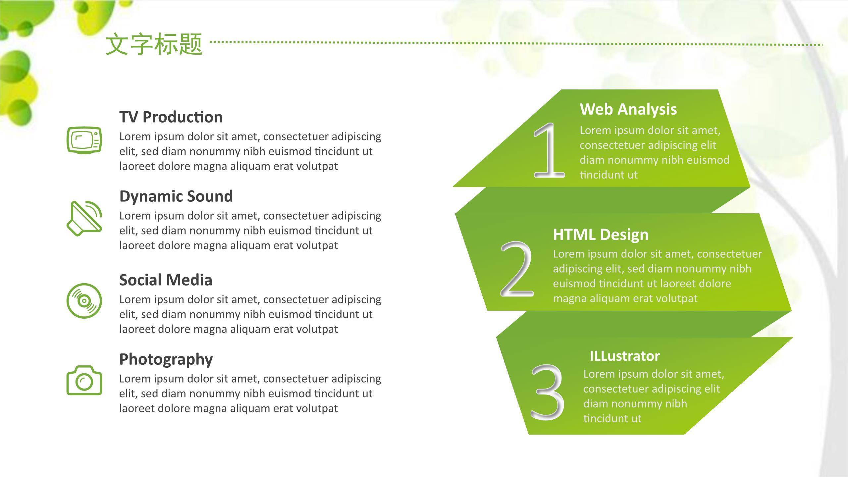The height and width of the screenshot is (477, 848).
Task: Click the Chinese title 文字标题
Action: click(154, 44)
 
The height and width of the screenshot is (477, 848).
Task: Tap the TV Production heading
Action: click(171, 117)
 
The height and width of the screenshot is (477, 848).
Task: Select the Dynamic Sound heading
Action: click(176, 196)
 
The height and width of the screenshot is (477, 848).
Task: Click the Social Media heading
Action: click(166, 280)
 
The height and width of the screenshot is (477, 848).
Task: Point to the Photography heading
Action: click(166, 359)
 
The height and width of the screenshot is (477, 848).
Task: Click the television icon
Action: click(84, 140)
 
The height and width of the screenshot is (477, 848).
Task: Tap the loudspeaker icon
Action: click(84, 218)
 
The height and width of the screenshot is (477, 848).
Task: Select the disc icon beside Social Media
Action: click(84, 301)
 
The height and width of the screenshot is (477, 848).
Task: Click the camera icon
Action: click(84, 380)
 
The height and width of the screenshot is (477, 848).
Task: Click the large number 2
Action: click(517, 269)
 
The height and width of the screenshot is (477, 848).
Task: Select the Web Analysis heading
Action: click(628, 109)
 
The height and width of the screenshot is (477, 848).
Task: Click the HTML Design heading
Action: click(601, 235)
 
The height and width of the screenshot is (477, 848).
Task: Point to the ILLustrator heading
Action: click(625, 356)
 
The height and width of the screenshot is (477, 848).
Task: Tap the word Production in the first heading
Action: click(183, 117)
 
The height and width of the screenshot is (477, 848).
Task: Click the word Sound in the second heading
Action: click(210, 196)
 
